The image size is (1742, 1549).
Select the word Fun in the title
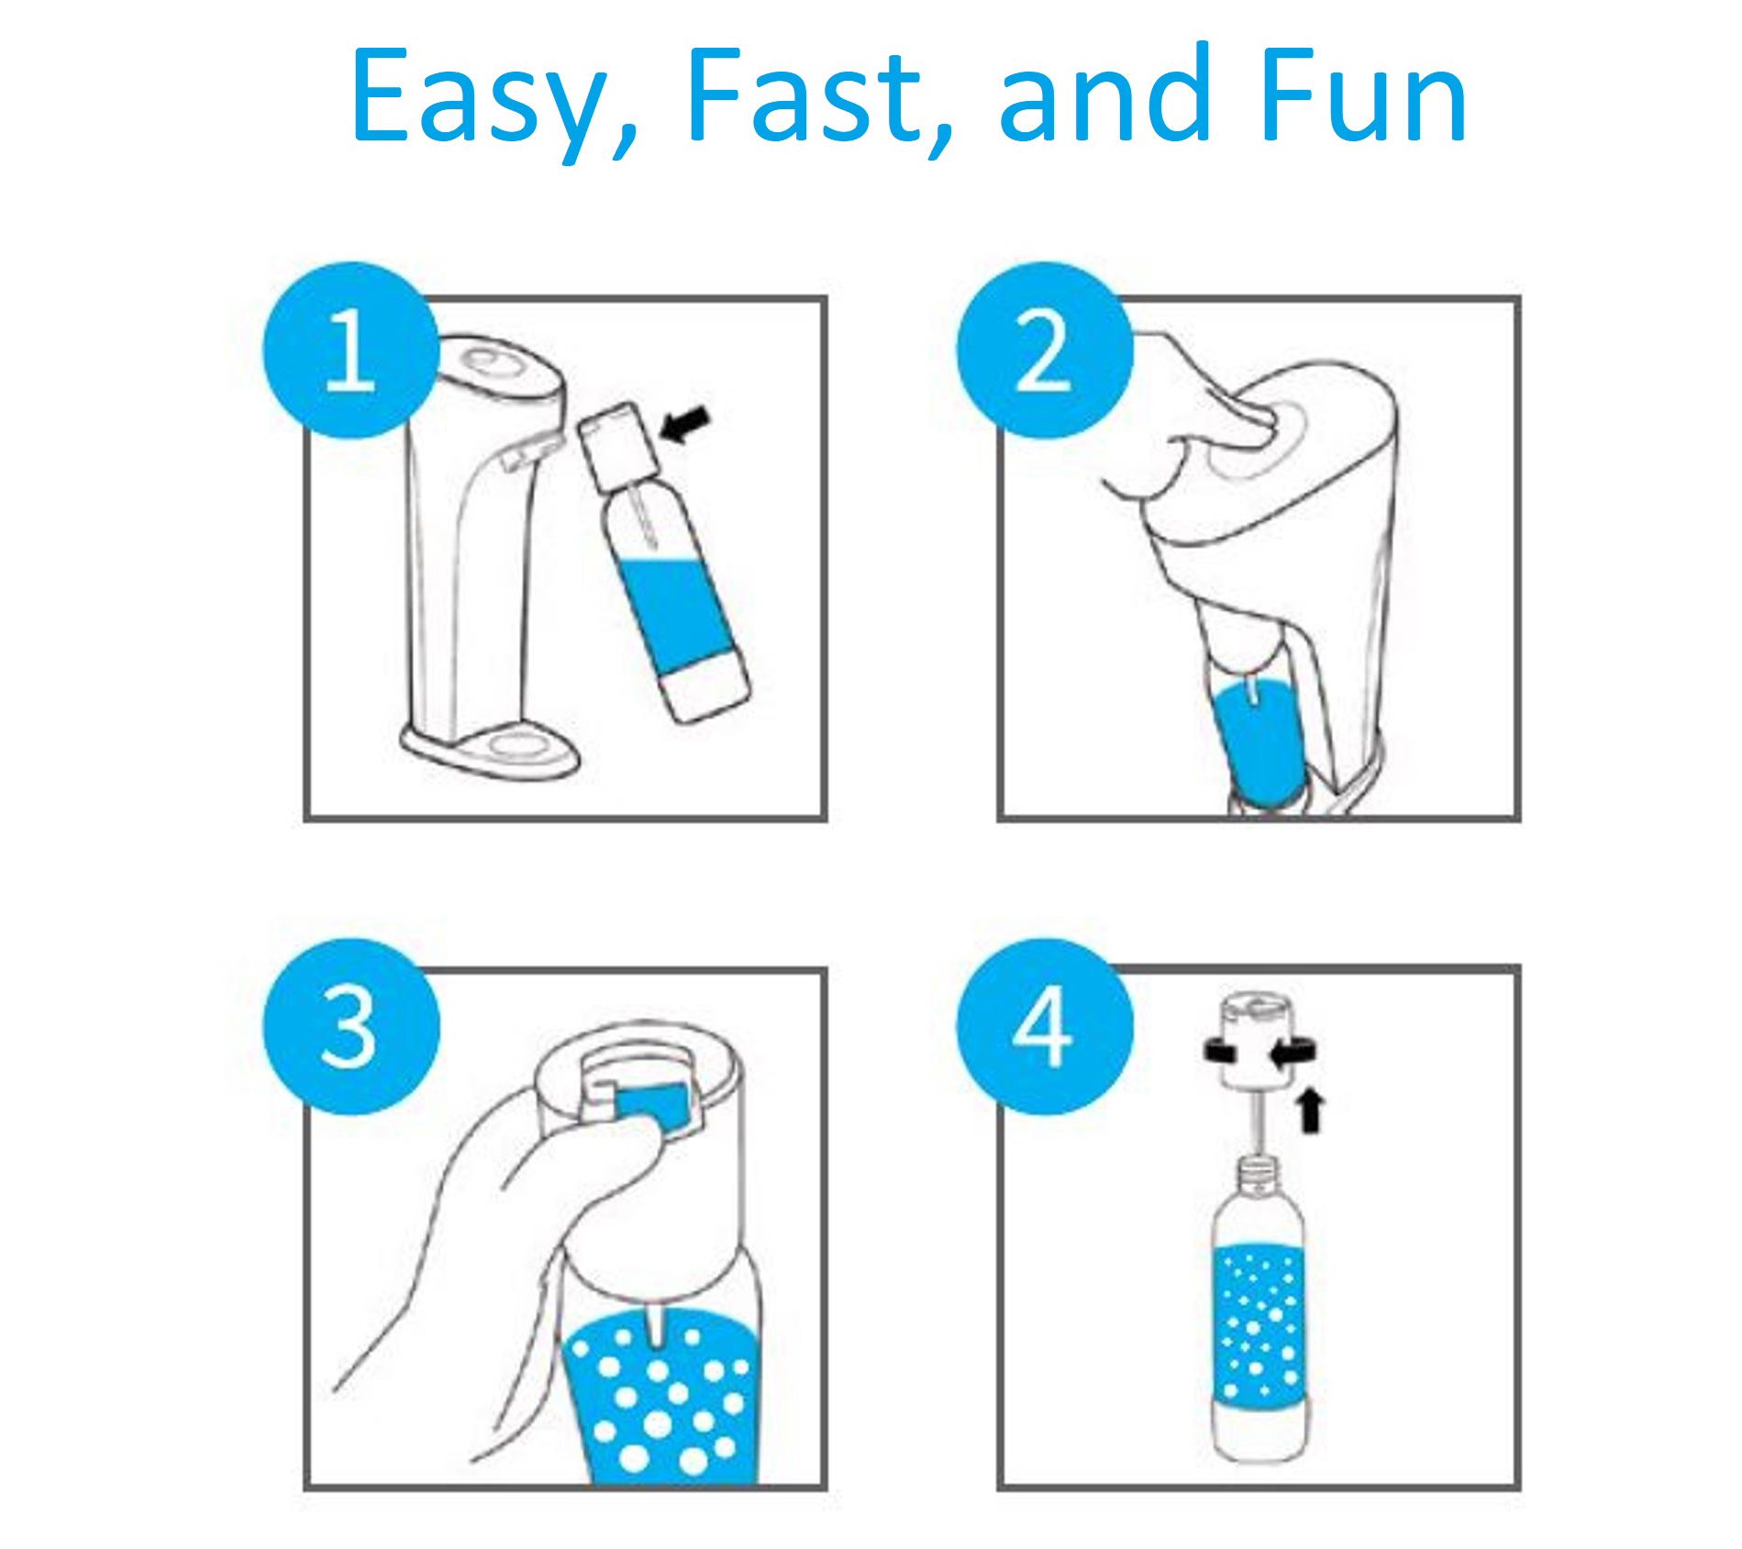[1363, 94]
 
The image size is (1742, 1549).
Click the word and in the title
[1104, 91]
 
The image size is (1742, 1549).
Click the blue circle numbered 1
[351, 351]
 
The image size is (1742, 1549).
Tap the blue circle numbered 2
[1044, 351]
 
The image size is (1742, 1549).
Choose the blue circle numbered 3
[351, 1026]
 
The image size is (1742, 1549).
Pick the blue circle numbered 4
[1044, 1026]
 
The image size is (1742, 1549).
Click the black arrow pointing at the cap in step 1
[686, 426]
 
